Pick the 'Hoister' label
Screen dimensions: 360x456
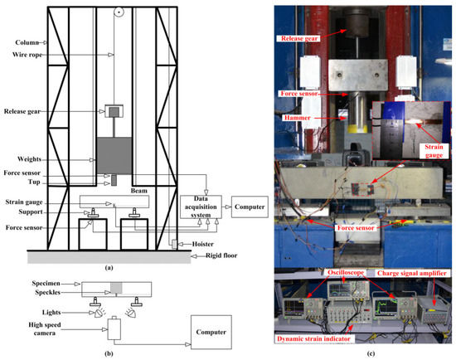197,246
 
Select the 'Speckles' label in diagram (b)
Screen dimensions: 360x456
27,291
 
